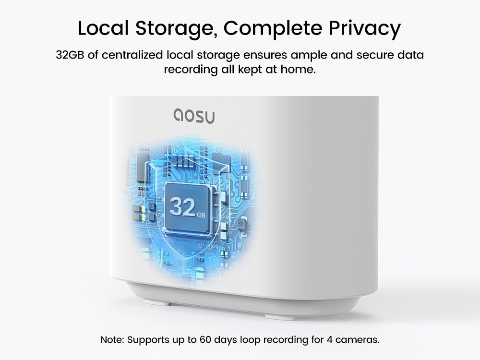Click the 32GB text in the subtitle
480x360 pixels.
(x=70, y=55)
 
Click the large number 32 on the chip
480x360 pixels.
(x=182, y=207)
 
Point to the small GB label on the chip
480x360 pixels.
(x=200, y=214)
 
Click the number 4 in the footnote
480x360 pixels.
(x=324, y=340)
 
